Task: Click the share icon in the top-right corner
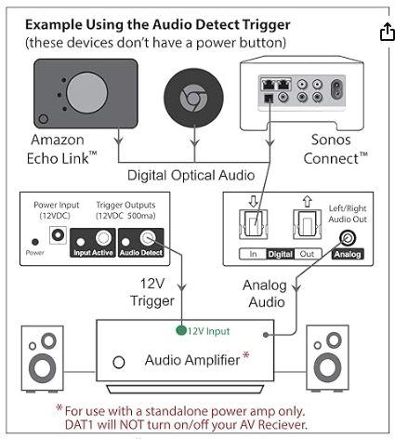point(388,32)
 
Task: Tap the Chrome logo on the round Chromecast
point(193,99)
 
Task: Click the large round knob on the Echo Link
point(87,93)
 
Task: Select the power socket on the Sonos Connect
point(336,89)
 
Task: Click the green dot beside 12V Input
point(181,330)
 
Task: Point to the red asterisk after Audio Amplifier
point(245,355)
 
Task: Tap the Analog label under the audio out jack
point(348,254)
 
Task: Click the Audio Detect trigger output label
point(141,253)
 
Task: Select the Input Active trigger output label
point(93,253)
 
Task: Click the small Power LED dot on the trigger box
point(35,242)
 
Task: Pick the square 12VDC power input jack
point(58,235)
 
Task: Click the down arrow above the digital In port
point(253,202)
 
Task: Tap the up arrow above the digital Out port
point(307,202)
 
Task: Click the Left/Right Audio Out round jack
point(348,238)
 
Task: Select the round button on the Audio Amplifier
point(119,362)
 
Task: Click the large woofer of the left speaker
point(43,368)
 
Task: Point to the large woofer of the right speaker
point(327,366)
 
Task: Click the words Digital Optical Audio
point(191,176)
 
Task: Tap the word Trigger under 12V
point(152,301)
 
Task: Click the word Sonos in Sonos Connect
point(331,140)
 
